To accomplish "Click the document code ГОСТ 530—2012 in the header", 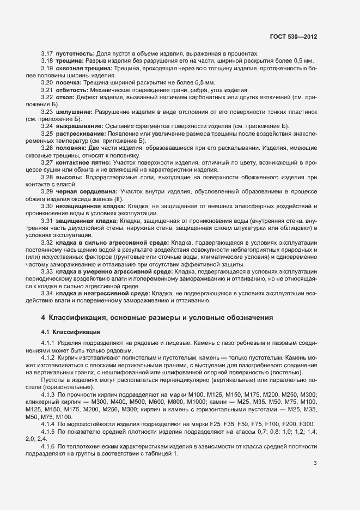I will pos(293,37).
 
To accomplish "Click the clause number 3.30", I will pos(47,207).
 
